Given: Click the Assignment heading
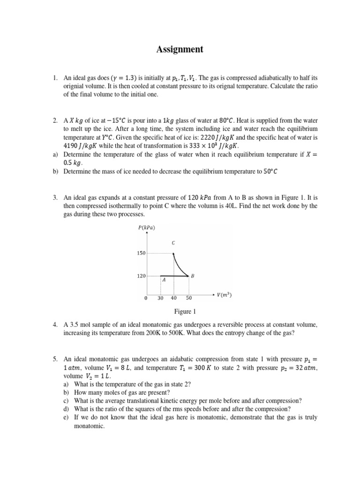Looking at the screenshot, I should click(180, 49).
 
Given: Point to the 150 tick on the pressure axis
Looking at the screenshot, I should click(141, 253).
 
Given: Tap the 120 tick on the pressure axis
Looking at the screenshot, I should click(141, 276).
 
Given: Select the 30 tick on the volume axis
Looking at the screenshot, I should click(160, 298).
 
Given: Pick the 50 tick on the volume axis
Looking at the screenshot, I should click(188, 298).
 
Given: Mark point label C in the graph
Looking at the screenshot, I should click(173, 243).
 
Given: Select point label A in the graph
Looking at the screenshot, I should click(164, 280).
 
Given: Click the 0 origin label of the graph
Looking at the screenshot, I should click(146, 298).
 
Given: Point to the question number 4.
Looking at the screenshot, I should click(55, 324).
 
